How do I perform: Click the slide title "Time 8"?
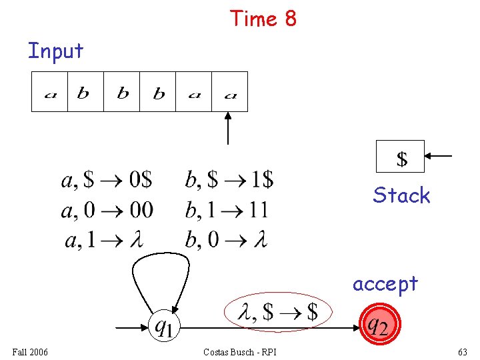[x=263, y=19]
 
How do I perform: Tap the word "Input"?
[x=55, y=51]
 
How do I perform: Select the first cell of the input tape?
[x=50, y=92]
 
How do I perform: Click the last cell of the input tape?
[x=230, y=92]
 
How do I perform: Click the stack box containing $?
[x=400, y=157]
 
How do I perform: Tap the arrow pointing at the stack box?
[x=439, y=156]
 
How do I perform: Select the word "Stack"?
[x=401, y=195]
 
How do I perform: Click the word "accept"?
[x=385, y=283]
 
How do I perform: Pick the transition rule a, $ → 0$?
[x=107, y=180]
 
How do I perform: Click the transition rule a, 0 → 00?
[x=107, y=211]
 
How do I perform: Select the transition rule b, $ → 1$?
[x=229, y=180]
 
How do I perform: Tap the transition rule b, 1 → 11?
[x=227, y=211]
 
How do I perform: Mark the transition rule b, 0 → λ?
[x=226, y=241]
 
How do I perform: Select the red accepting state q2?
[x=378, y=325]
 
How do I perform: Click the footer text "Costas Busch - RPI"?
[x=241, y=351]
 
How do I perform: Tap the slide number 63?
[x=462, y=351]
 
